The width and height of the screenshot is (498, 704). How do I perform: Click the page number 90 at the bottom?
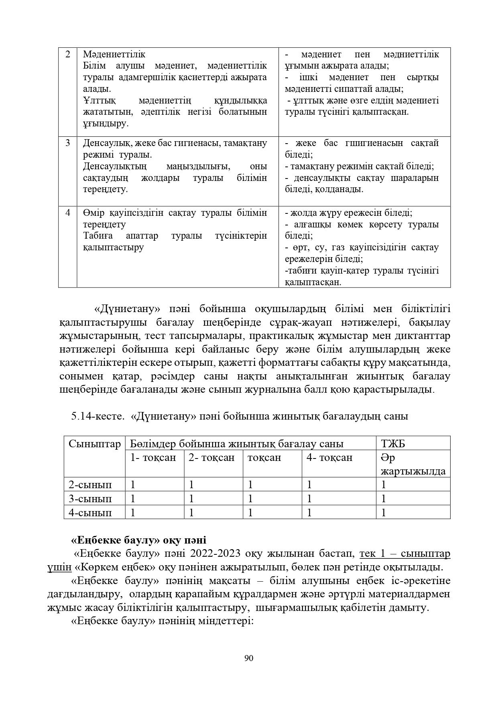click(249, 658)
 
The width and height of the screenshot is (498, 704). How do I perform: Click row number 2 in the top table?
click(68, 54)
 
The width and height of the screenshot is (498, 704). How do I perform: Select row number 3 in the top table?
click(68, 143)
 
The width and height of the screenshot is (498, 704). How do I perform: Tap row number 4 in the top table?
click(68, 213)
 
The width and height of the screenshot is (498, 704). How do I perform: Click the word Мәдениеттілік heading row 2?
click(114, 54)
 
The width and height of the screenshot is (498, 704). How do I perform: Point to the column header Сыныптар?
click(94, 444)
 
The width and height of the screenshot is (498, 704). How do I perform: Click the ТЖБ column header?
click(393, 444)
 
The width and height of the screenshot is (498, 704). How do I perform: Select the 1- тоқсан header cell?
click(153, 458)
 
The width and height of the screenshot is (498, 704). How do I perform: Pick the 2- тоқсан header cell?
click(211, 458)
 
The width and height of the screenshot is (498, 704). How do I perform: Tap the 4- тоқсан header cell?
click(329, 458)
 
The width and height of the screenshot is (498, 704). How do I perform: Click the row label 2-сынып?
click(90, 485)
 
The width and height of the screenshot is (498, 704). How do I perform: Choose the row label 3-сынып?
click(90, 499)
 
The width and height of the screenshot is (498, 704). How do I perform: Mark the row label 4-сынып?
click(90, 513)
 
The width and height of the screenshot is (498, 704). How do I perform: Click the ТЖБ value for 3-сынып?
click(384, 499)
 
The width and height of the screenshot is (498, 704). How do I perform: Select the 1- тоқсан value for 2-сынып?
click(133, 485)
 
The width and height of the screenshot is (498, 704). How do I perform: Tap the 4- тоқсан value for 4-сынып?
click(309, 513)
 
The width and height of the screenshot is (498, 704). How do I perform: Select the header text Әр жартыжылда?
click(413, 464)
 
